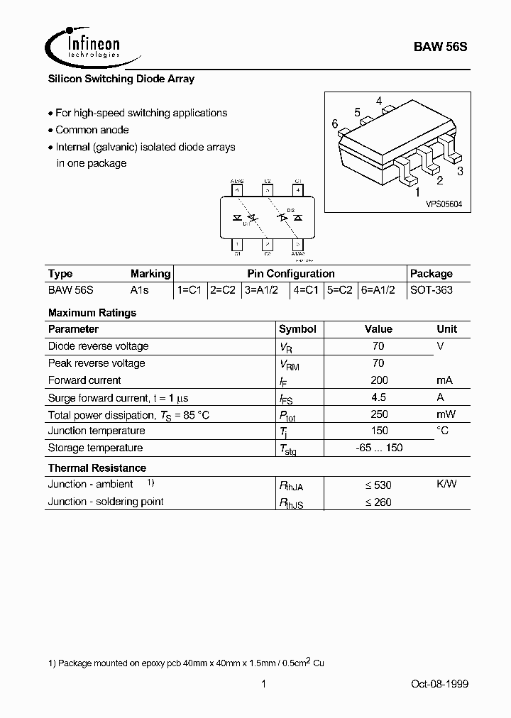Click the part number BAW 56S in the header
(x=440, y=47)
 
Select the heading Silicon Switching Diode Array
(x=121, y=79)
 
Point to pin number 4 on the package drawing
(x=380, y=101)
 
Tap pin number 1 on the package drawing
(x=417, y=192)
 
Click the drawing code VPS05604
(x=444, y=204)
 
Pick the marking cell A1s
(x=141, y=290)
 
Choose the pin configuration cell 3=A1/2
(x=260, y=290)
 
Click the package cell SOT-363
(x=431, y=290)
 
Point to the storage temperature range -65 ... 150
(x=378, y=448)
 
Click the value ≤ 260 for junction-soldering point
(x=378, y=502)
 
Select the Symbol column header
(x=297, y=329)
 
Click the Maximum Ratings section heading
(x=92, y=312)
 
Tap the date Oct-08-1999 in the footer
(x=439, y=684)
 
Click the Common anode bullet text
(x=92, y=130)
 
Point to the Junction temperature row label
(x=96, y=431)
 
